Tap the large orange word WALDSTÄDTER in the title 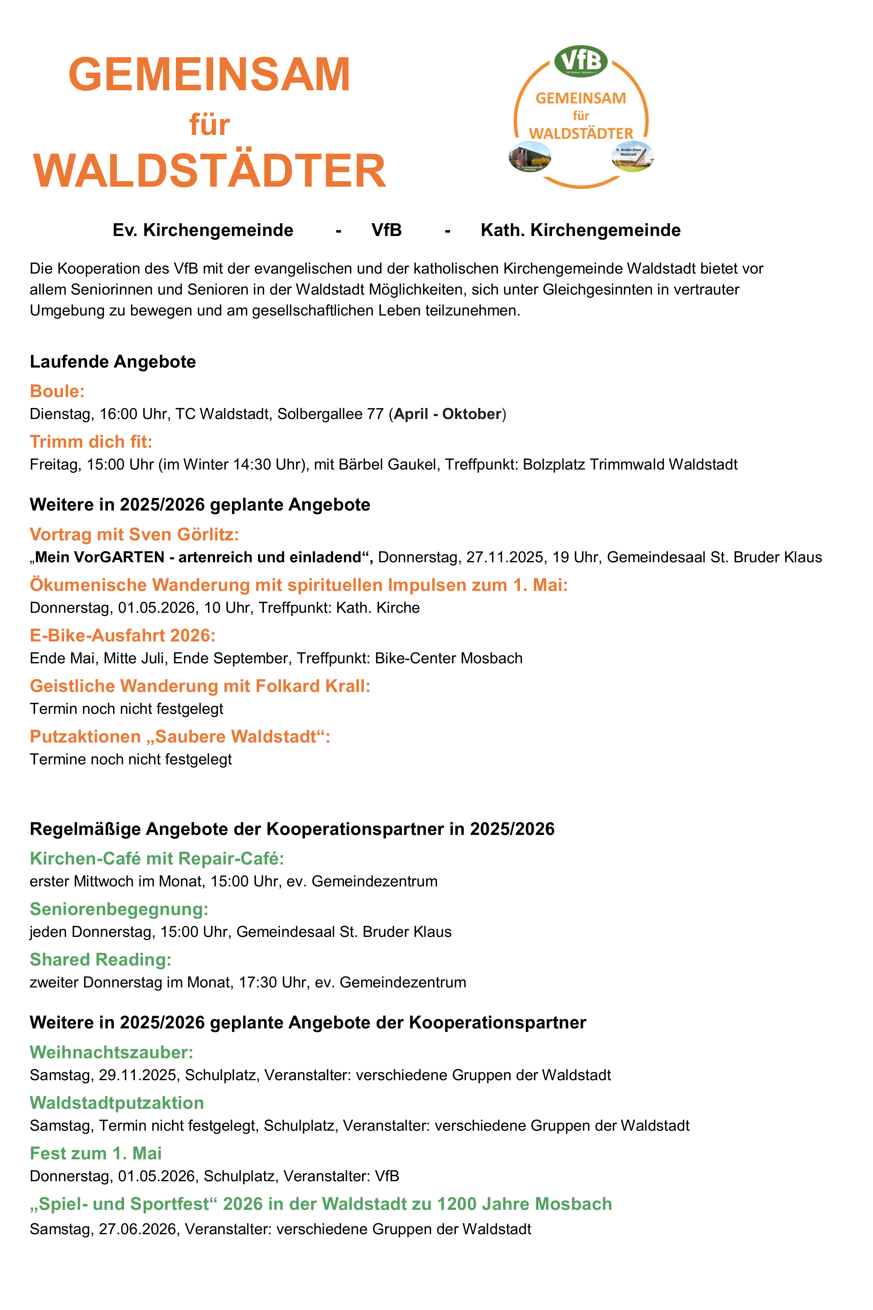(x=209, y=171)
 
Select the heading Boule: (x=57, y=391)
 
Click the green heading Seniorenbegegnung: (x=119, y=909)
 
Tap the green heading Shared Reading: (x=100, y=960)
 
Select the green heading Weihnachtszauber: (x=111, y=1052)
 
